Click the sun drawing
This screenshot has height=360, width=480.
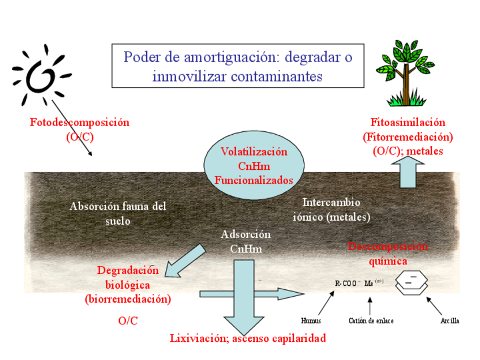41,76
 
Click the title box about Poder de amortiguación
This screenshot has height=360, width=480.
238,66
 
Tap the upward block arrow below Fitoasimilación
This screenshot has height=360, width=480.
412,172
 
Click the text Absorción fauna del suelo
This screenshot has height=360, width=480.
118,213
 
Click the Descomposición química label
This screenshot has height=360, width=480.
388,254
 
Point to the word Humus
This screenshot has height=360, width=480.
311,321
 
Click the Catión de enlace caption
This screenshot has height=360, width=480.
371,321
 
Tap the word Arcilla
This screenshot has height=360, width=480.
449,321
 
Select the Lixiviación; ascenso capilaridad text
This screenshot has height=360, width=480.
248,338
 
